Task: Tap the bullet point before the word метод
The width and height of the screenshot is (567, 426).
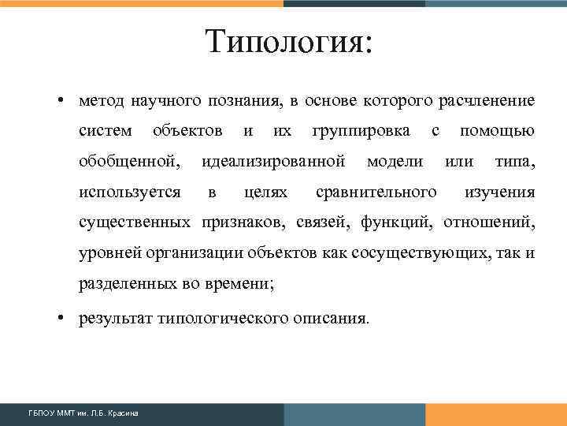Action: [60, 102]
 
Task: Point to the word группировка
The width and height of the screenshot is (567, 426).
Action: [361, 131]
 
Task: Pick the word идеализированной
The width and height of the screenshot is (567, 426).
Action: [273, 162]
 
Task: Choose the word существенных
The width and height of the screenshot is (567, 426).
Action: [135, 222]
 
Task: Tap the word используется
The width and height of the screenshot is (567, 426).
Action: [129, 192]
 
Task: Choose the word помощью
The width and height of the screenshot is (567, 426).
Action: [497, 131]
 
